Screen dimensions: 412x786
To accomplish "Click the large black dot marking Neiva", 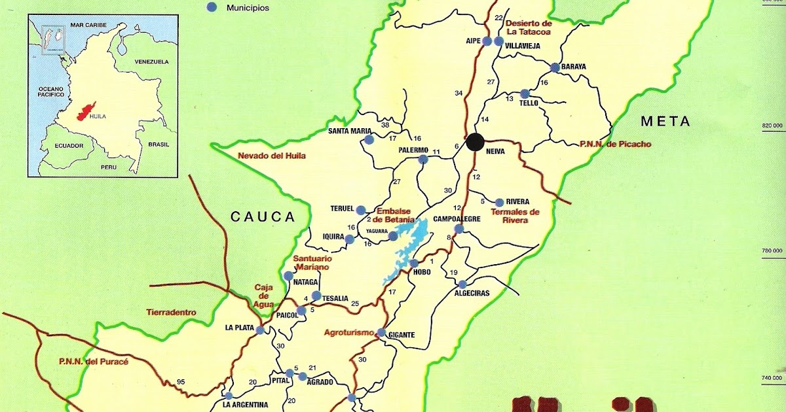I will pyautogui.click(x=476, y=142).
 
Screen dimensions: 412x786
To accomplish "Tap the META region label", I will pyautogui.click(x=665, y=121).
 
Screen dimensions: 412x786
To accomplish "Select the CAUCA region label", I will pyautogui.click(x=263, y=216).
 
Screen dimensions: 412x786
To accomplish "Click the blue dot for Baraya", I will pyautogui.click(x=555, y=67).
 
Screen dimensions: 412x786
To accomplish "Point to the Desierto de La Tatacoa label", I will pyautogui.click(x=529, y=27).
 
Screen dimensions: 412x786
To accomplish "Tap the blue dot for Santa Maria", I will pyautogui.click(x=369, y=139).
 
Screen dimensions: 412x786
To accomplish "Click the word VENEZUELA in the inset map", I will pyautogui.click(x=151, y=61).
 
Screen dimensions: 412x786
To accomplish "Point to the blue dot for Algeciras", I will pyautogui.click(x=462, y=284).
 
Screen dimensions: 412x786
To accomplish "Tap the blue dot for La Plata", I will pyautogui.click(x=260, y=330).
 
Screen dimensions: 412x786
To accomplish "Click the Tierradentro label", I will pyautogui.click(x=172, y=313).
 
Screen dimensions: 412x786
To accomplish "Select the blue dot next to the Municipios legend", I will pyautogui.click(x=211, y=7).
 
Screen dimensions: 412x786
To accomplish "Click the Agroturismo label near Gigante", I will pyautogui.click(x=349, y=332).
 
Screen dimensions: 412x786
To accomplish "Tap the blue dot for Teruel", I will pyautogui.click(x=360, y=210).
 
